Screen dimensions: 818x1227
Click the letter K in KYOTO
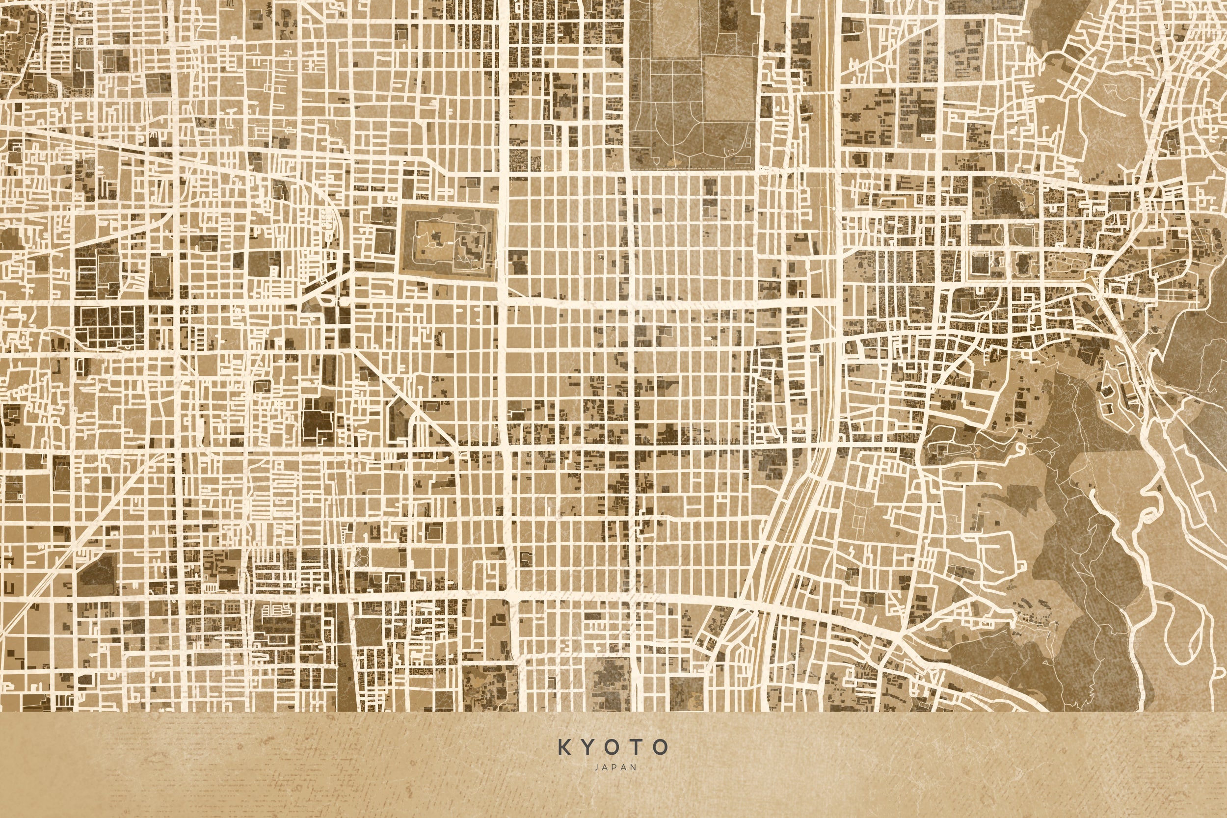[x=564, y=747]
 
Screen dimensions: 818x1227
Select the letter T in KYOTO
[x=637, y=747]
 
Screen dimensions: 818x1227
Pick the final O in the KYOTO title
[x=662, y=747]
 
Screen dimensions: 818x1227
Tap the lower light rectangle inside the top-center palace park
[x=729, y=89]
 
